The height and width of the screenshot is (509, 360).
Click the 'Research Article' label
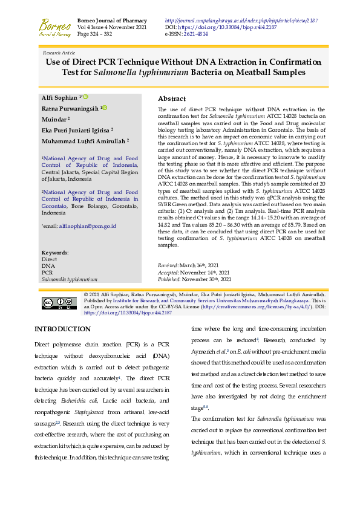point(59,53)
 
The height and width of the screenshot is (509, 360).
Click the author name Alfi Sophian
point(59,97)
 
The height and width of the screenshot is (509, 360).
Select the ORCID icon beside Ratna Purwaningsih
point(105,108)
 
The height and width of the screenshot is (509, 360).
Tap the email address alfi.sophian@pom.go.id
point(87,226)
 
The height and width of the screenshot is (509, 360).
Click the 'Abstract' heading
point(172,99)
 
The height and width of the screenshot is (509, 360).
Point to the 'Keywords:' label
point(55,253)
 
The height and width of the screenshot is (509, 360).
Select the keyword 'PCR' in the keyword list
point(46,273)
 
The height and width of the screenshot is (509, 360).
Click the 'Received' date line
point(188,266)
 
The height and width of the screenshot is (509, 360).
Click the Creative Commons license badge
point(59,303)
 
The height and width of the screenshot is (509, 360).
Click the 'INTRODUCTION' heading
point(62,329)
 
